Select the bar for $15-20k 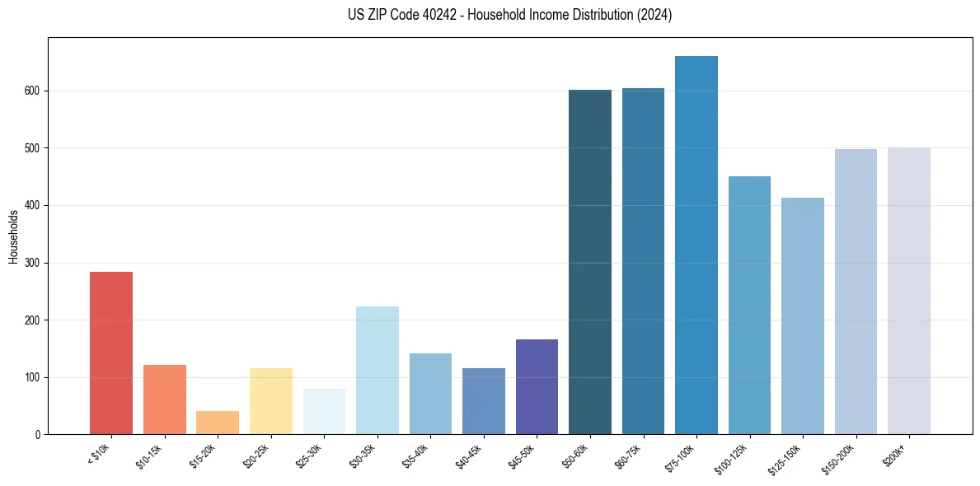[218, 423]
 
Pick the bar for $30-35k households [377, 370]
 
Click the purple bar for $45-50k [537, 386]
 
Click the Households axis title [13, 236]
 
